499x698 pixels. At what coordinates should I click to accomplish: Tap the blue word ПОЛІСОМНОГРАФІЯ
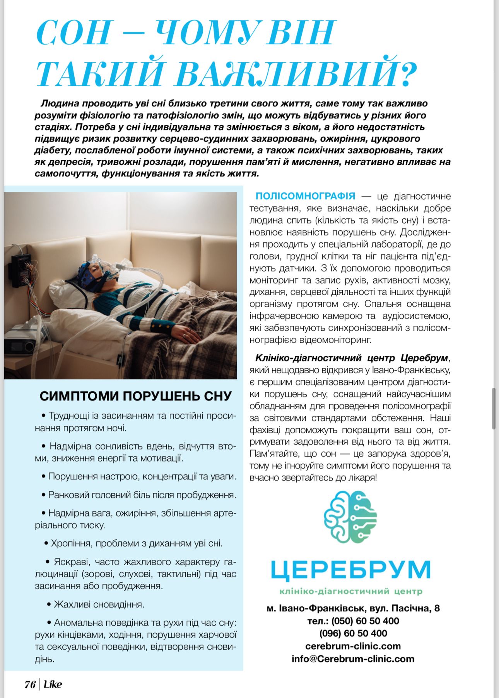(305, 196)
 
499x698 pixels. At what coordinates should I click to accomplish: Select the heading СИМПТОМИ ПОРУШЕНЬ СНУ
(135, 396)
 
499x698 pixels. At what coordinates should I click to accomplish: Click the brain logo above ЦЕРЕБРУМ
(350, 517)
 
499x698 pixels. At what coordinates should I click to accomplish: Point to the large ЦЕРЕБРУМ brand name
(350, 570)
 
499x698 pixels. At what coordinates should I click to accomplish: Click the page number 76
(30, 684)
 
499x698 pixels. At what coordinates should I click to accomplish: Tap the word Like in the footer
(53, 684)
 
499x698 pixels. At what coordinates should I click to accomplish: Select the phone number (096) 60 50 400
(353, 633)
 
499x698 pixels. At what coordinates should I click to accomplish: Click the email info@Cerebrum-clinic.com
(353, 659)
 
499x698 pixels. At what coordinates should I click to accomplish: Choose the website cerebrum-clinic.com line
(353, 646)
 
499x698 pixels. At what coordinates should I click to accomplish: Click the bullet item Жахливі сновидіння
(99, 604)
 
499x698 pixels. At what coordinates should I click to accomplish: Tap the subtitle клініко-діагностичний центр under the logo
(350, 591)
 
